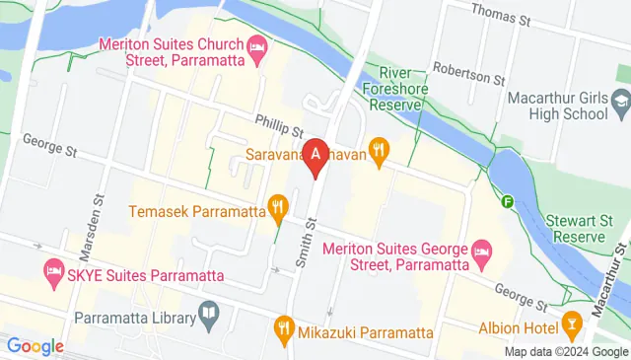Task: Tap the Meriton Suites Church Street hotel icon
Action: click(x=257, y=46)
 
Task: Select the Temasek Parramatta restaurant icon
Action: click(x=277, y=209)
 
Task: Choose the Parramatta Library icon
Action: click(x=209, y=316)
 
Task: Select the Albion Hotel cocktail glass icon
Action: click(x=571, y=326)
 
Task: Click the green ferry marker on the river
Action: click(x=508, y=202)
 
